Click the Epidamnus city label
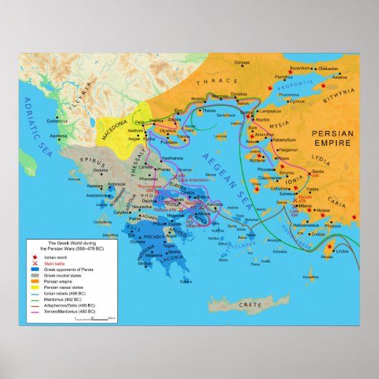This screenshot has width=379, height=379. [x=58, y=121]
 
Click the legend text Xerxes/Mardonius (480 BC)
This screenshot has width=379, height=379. [x=67, y=312]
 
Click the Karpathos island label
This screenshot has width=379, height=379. [x=308, y=275]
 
